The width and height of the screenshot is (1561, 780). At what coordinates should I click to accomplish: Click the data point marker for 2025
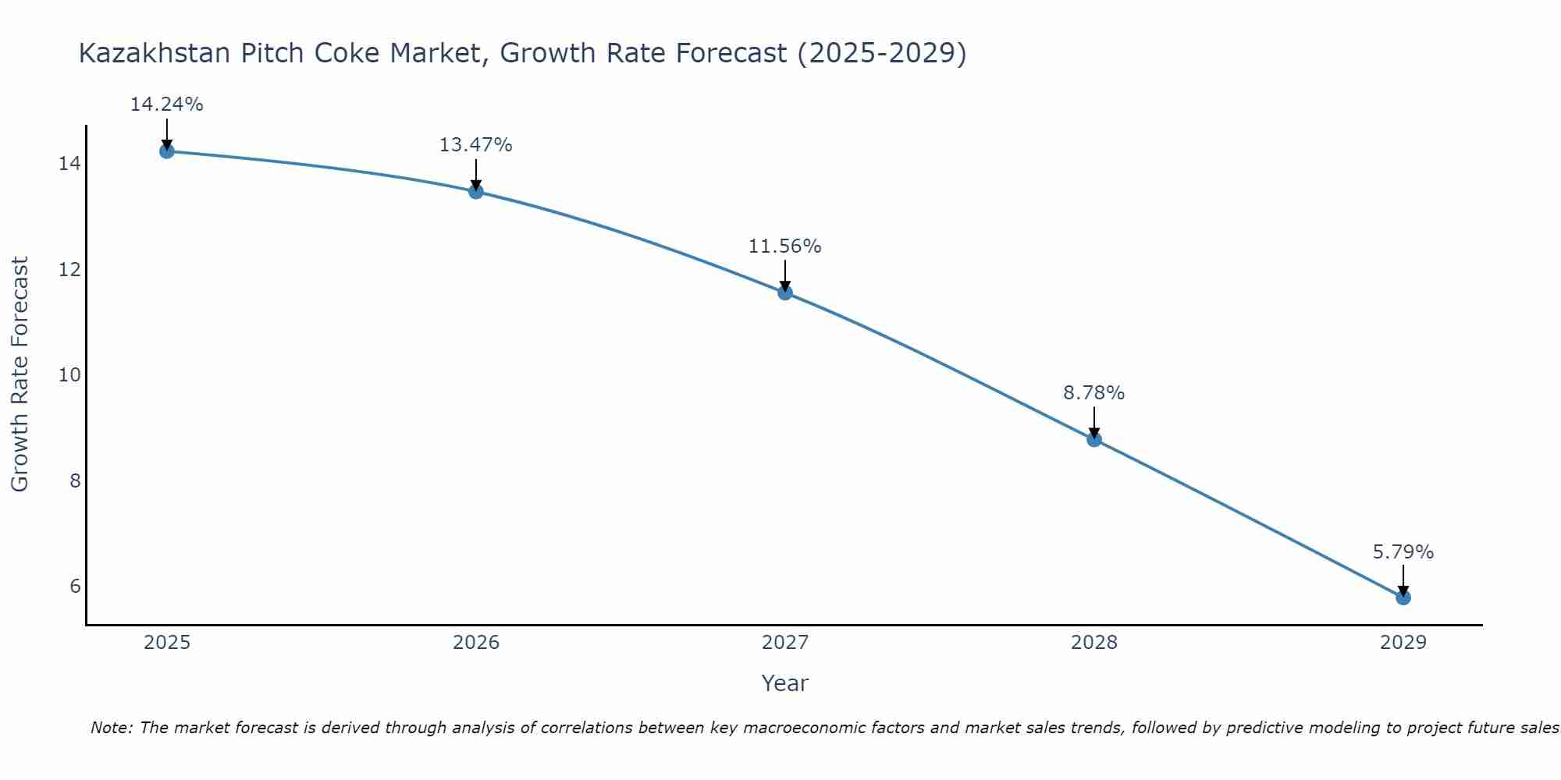coord(166,151)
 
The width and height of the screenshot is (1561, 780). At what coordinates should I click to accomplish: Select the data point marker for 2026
coord(476,192)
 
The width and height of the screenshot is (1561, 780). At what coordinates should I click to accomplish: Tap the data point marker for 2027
coord(785,292)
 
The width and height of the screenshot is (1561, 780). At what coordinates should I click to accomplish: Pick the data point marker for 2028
coord(1094,439)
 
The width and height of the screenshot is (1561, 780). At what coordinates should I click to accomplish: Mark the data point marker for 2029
coord(1403,597)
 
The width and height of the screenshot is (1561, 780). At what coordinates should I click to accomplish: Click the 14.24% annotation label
coord(166,105)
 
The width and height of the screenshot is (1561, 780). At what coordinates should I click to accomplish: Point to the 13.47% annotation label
coord(476,145)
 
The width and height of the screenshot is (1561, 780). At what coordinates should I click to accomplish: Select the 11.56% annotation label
coord(785,246)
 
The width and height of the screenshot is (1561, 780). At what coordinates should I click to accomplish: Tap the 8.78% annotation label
coord(1094,393)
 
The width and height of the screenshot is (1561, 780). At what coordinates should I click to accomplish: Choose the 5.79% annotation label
coord(1403,552)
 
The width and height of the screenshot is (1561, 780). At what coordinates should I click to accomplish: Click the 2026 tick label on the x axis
coord(476,643)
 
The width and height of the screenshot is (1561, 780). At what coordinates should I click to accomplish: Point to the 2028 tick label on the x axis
coord(1094,643)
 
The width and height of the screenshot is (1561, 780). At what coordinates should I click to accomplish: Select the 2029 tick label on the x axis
coord(1403,643)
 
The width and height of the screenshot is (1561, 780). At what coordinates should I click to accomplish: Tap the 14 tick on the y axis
coord(69,164)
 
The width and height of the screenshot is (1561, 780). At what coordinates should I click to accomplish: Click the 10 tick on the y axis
coord(69,375)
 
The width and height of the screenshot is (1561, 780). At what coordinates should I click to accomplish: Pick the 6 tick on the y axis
coord(75,586)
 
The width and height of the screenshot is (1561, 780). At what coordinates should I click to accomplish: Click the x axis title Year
coord(785,683)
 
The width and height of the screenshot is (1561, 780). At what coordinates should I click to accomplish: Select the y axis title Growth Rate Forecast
coord(20,374)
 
